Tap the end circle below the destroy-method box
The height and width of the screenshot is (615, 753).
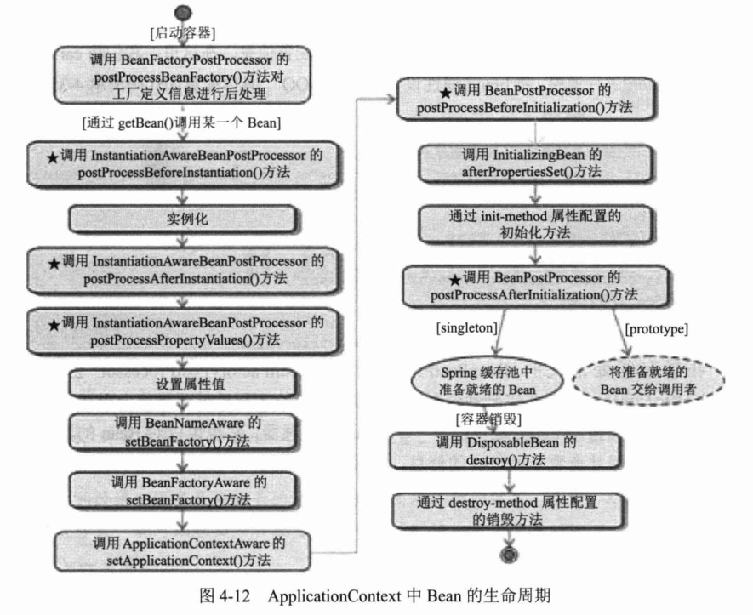tap(511, 554)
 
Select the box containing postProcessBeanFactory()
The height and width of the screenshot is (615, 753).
tap(184, 75)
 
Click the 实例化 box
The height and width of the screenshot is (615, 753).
tap(183, 219)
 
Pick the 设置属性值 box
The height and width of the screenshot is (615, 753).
tap(182, 384)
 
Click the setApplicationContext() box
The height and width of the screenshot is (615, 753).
tap(184, 550)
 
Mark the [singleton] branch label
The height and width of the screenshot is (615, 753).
tap(467, 327)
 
